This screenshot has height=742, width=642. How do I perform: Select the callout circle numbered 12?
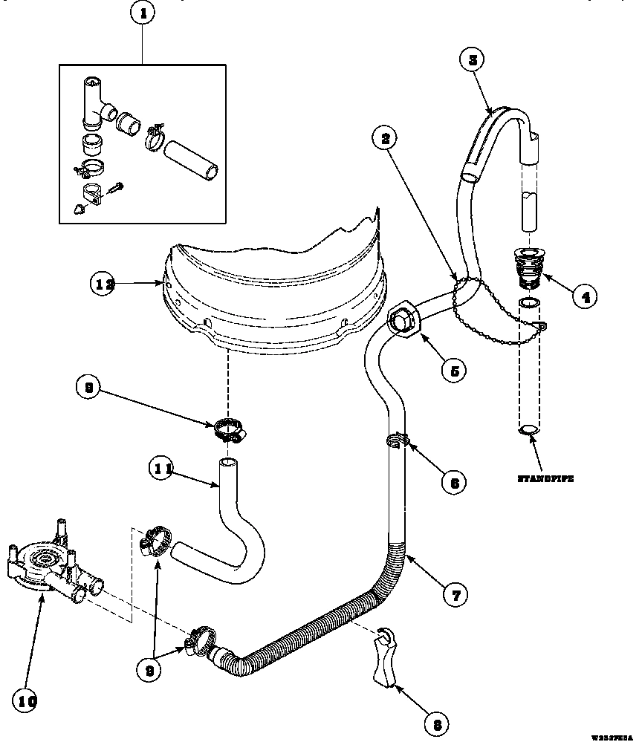(105, 283)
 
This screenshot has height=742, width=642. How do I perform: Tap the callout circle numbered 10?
(25, 700)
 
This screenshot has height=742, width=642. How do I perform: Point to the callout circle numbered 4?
(585, 297)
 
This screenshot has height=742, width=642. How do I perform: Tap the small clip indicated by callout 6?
(398, 441)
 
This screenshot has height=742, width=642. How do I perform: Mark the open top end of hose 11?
(227, 463)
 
